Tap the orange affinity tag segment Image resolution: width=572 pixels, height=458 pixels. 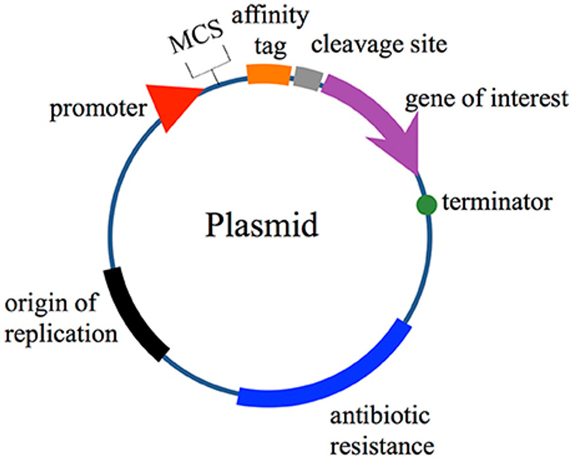coord(268,74)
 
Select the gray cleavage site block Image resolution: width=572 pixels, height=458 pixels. coord(308,77)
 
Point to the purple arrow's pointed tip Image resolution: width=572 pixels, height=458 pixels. coord(415,170)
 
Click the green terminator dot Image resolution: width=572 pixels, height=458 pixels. coord(426,204)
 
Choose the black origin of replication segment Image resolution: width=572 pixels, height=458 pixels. coord(135,314)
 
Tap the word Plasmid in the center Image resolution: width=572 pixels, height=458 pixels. coord(261,226)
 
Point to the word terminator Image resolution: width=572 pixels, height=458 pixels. coord(497,202)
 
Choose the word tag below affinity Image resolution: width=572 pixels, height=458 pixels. coord(270,48)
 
